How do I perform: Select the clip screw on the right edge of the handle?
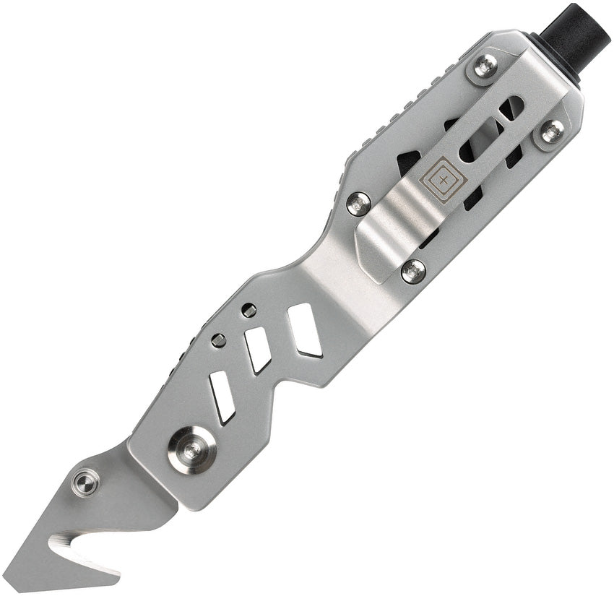click(x=553, y=131)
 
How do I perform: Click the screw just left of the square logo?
click(x=359, y=203)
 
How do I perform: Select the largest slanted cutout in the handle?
click(x=305, y=329)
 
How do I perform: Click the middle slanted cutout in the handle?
click(x=258, y=349)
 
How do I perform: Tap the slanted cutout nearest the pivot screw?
click(x=222, y=397)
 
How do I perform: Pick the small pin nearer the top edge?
click(x=248, y=311)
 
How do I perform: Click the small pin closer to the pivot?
click(x=219, y=340)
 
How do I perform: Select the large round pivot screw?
click(x=192, y=450)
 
